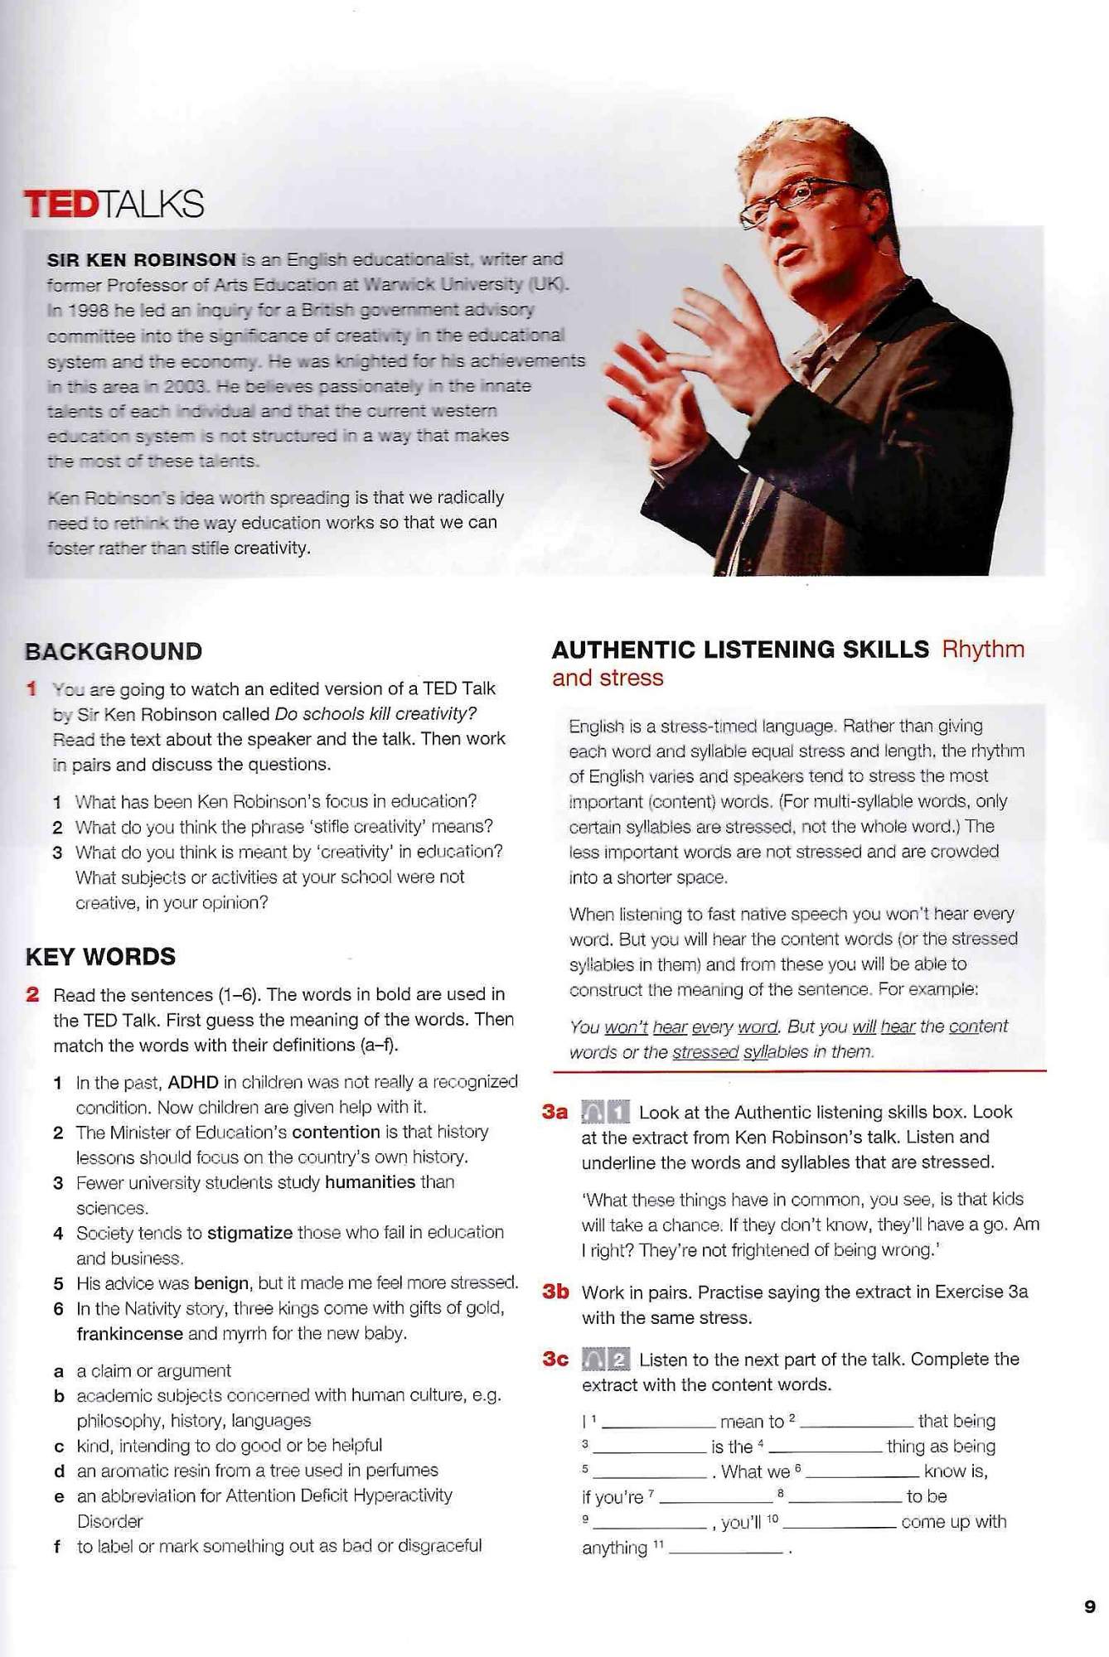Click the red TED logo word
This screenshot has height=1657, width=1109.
61,204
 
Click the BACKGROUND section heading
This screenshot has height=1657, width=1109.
114,651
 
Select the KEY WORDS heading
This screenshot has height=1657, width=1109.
100,957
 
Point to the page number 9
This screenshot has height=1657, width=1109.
1090,1606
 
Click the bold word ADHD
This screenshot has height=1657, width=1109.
192,1082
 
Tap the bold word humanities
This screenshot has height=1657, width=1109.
370,1182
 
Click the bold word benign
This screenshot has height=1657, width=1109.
220,1283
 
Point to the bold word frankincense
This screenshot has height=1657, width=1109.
129,1334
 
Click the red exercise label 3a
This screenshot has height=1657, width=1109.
555,1112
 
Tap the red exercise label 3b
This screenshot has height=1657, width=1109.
555,1292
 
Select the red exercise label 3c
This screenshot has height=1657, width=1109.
555,1359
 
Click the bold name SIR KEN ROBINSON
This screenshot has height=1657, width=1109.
142,259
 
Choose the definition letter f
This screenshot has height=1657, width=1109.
57,1546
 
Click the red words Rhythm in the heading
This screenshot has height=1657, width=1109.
983,650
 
